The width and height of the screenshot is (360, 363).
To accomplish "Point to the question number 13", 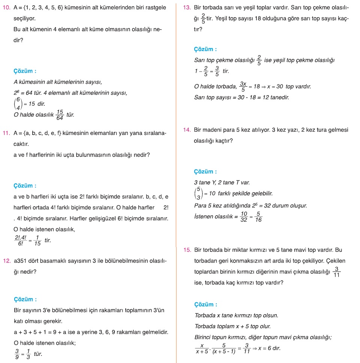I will tap(187, 7).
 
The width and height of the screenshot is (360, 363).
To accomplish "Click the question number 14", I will tap(187, 130).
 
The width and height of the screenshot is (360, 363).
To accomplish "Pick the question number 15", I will tap(187, 250).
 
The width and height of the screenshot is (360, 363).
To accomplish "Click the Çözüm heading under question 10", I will tap(25, 71).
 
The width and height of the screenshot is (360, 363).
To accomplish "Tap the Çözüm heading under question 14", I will tap(205, 172).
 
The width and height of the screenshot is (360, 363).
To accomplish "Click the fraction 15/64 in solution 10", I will tap(60, 115).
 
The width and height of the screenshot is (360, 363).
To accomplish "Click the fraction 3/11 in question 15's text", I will tap(337, 271).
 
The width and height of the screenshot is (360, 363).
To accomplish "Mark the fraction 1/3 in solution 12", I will tap(28, 354).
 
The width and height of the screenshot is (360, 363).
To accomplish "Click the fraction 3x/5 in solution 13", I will tap(243, 87).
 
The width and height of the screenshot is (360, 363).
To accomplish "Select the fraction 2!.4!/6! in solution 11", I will tap(19, 240).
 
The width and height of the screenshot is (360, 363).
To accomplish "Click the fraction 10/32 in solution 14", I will tap(244, 217).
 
